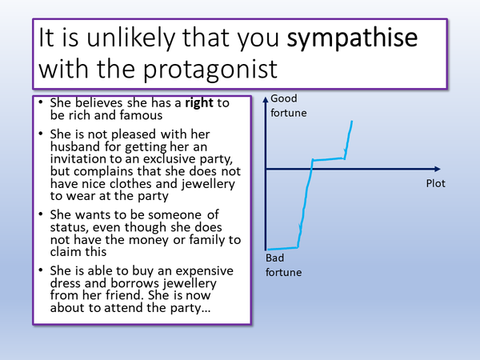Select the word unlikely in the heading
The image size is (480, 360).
(x=151, y=38)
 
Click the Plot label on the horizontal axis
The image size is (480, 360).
(x=436, y=184)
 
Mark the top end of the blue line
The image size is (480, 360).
(x=352, y=121)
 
